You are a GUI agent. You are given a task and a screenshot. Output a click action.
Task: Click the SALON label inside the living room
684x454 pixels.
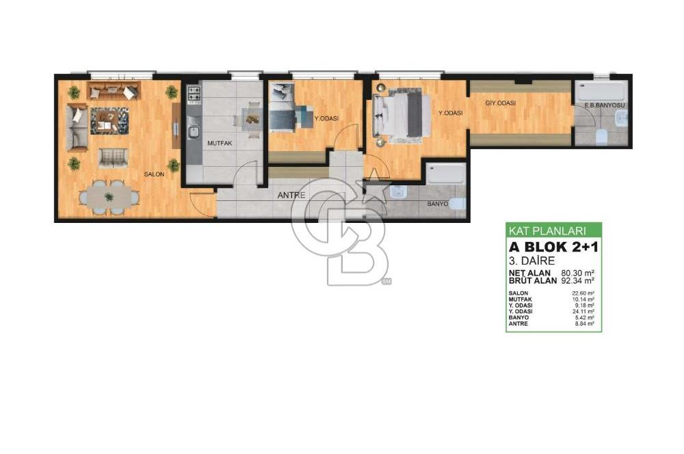[154, 175]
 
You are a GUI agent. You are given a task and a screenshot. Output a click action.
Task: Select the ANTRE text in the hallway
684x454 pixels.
[291, 196]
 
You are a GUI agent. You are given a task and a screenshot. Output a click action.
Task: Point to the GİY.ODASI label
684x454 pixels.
[501, 103]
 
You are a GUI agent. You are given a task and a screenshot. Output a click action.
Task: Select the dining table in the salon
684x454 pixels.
[109, 198]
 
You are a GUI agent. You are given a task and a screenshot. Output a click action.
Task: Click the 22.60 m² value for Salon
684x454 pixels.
[583, 293]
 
